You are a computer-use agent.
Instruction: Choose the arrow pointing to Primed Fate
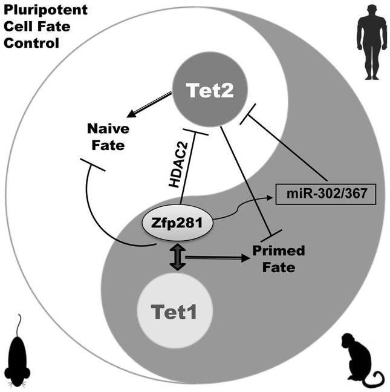pyautogui.click(x=218, y=258)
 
